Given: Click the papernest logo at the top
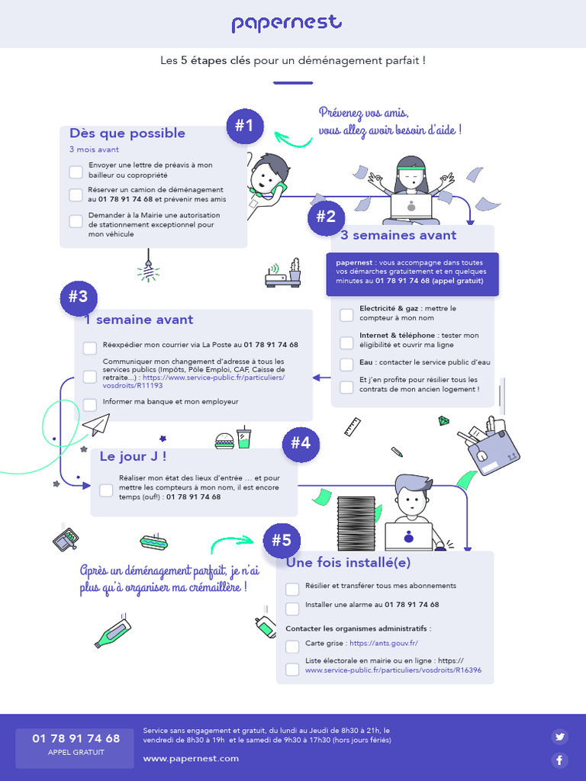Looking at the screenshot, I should tap(287, 24).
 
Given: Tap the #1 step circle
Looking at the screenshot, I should tap(244, 126).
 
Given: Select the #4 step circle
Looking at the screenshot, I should tap(300, 443).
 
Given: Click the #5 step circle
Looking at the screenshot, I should tap(281, 541).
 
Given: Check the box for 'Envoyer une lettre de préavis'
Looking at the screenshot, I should tap(76, 172).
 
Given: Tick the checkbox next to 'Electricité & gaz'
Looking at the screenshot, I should tap(346, 313).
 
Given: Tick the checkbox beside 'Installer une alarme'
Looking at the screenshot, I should tap(292, 608).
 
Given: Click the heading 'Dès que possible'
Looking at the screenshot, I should tap(127, 133).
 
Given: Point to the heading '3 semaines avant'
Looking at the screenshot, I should tap(398, 236).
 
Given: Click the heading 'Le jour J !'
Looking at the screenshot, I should tap(133, 457).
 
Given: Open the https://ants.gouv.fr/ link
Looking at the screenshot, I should tap(383, 644).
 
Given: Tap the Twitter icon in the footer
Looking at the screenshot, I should tap(560, 736).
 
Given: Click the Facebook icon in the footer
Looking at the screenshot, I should tap(560, 760).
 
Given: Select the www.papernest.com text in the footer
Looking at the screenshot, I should tap(191, 758).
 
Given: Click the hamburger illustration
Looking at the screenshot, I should tap(224, 440).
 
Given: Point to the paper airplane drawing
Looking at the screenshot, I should tap(96, 424).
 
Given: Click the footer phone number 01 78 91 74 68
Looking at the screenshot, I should tap(76, 738).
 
